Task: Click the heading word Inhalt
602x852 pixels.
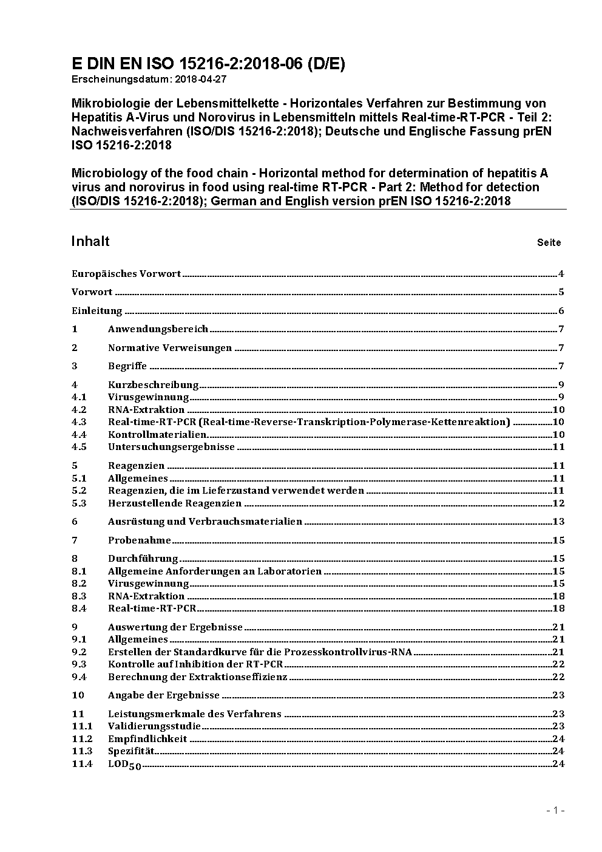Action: coord(90,241)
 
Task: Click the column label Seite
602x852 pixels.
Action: coord(549,243)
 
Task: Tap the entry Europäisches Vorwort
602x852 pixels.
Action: coord(126,274)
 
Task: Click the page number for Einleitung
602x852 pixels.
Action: coord(561,311)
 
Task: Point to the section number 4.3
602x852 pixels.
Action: coord(79,422)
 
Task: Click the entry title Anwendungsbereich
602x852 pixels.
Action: coord(158,329)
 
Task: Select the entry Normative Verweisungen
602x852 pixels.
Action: coord(170,348)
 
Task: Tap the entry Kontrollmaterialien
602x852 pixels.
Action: coord(157,435)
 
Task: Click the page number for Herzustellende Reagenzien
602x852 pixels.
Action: coord(558,503)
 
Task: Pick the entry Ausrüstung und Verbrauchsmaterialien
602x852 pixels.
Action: coord(205,522)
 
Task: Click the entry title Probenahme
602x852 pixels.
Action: coord(140,540)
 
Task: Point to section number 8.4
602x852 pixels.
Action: coord(79,608)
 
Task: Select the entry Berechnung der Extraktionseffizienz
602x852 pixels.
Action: coord(197,677)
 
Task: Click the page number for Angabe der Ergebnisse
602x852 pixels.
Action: coord(558,695)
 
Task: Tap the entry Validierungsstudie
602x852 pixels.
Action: coord(154,726)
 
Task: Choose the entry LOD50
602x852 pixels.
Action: coord(124,765)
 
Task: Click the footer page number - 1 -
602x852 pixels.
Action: coord(555,811)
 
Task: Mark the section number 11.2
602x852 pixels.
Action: coord(82,739)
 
